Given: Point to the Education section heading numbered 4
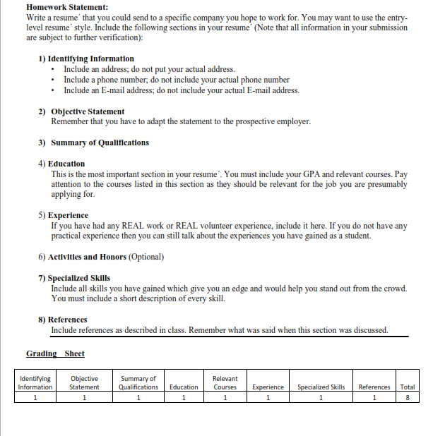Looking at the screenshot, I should (x=68, y=164).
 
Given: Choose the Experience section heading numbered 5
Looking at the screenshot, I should (x=70, y=215).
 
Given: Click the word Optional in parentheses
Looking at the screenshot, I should (x=146, y=257).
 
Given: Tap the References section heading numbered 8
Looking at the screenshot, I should (x=69, y=320).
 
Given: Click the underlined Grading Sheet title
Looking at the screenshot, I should (x=55, y=353).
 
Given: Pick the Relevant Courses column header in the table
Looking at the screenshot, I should (x=225, y=382).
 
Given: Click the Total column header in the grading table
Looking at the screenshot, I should (x=407, y=387).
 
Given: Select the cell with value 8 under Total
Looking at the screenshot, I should (x=407, y=396).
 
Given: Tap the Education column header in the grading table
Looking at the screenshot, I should (x=184, y=387).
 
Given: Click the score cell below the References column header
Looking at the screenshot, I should (x=374, y=396).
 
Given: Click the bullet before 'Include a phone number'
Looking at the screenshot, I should (x=55, y=80).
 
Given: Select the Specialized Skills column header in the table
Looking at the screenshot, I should (x=321, y=387).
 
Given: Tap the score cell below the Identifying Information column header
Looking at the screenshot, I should (x=35, y=396).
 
